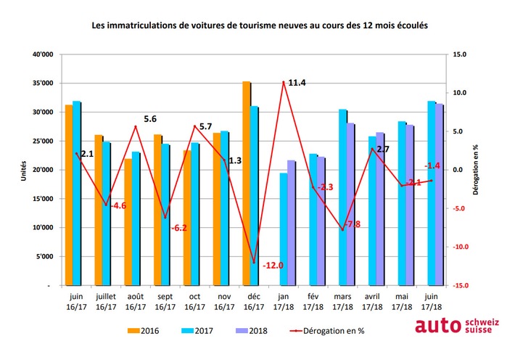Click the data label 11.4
click(297, 83)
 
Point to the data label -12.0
click(272, 266)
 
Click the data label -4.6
click(117, 206)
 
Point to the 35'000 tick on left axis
click(42, 83)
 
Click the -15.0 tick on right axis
click(459, 285)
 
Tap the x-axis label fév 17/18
click(313, 302)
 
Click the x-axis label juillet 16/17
click(106, 302)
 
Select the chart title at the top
click(259, 25)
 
